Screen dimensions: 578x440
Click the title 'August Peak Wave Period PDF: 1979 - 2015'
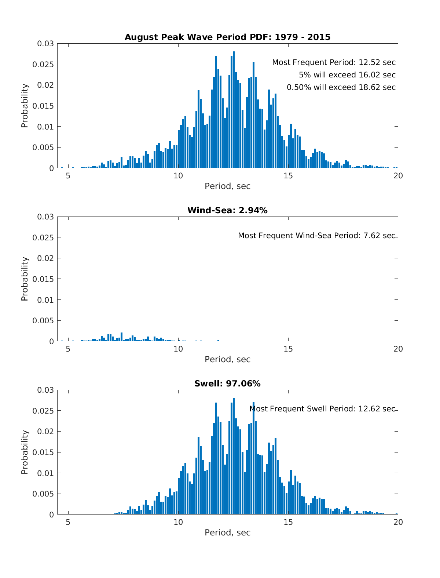pyautogui.click(x=227, y=37)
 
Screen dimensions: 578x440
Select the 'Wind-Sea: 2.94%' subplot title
pyautogui.click(x=227, y=210)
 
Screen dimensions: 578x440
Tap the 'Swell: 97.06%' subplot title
pyautogui.click(x=227, y=383)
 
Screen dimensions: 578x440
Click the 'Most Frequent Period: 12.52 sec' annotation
pyautogui.click(x=334, y=63)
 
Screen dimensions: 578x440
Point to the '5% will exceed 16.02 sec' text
pyautogui.click(x=347, y=75)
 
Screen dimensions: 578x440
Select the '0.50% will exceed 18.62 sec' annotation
pyautogui.click(x=341, y=87)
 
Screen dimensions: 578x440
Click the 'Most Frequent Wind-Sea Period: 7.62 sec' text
pyautogui.click(x=317, y=236)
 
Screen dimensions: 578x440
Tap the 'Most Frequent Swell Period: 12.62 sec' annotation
pyautogui.click(x=322, y=409)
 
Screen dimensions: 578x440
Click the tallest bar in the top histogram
pyautogui.click(x=234, y=110)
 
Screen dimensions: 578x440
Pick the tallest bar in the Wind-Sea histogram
pyautogui.click(x=121, y=337)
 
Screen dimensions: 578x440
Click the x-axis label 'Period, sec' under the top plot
pyautogui.click(x=227, y=186)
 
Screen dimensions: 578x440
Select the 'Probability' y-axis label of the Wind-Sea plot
pyautogui.click(x=25, y=279)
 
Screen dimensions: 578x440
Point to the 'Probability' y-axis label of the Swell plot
pyautogui.click(x=25, y=452)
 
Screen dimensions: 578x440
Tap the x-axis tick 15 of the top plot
pyautogui.click(x=288, y=176)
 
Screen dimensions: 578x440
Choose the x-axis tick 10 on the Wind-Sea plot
pyautogui.click(x=178, y=349)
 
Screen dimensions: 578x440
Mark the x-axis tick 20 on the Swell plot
pyautogui.click(x=398, y=522)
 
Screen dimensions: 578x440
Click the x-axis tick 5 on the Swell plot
pyautogui.click(x=68, y=522)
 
